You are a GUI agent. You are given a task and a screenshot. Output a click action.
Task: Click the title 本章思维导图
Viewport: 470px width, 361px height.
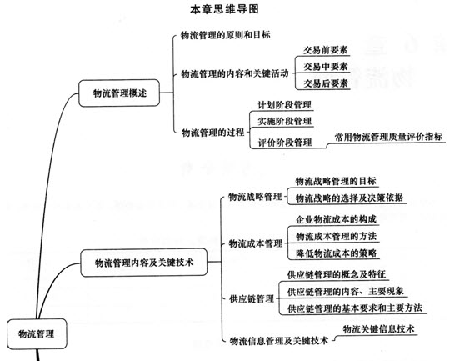(x=224, y=9)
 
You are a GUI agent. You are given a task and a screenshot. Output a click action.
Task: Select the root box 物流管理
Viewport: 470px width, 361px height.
(x=37, y=334)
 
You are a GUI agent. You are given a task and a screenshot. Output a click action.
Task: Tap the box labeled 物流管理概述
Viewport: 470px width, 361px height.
(x=119, y=93)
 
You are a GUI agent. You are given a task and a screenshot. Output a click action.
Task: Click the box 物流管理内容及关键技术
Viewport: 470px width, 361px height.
(x=144, y=263)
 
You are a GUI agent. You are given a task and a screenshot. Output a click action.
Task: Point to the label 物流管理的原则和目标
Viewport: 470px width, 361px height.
(x=225, y=35)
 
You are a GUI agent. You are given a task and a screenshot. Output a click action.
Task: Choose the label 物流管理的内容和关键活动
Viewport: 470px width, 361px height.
(x=235, y=73)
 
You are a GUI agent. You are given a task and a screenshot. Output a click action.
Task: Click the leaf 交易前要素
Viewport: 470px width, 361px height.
(x=325, y=50)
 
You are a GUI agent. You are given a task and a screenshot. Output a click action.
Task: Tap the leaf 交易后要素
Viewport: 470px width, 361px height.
(x=326, y=83)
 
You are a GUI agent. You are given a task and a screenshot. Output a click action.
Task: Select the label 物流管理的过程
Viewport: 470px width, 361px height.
(x=212, y=133)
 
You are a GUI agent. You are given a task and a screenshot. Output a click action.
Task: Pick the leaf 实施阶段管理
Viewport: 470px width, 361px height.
(x=285, y=121)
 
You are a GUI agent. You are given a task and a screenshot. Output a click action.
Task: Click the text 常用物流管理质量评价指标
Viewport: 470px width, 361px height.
(x=388, y=137)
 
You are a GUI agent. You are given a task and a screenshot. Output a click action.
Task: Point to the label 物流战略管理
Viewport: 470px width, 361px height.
(x=255, y=197)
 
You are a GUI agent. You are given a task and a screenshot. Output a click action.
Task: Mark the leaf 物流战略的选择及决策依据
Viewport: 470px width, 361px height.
(x=349, y=198)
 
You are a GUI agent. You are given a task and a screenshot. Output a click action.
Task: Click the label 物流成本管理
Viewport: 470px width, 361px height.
(x=256, y=243)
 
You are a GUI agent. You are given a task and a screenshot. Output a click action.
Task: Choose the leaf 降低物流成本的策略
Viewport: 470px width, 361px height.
(x=337, y=253)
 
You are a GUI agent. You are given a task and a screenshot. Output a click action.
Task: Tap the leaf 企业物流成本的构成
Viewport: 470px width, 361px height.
(x=337, y=219)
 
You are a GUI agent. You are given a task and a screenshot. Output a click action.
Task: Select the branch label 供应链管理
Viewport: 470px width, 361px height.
(x=252, y=298)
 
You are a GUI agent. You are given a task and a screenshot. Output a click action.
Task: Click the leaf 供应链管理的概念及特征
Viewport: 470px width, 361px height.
(x=337, y=274)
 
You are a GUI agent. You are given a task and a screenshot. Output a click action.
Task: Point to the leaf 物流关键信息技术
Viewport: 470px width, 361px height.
(x=379, y=329)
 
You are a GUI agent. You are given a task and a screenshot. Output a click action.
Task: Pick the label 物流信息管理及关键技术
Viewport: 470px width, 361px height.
(x=279, y=341)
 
